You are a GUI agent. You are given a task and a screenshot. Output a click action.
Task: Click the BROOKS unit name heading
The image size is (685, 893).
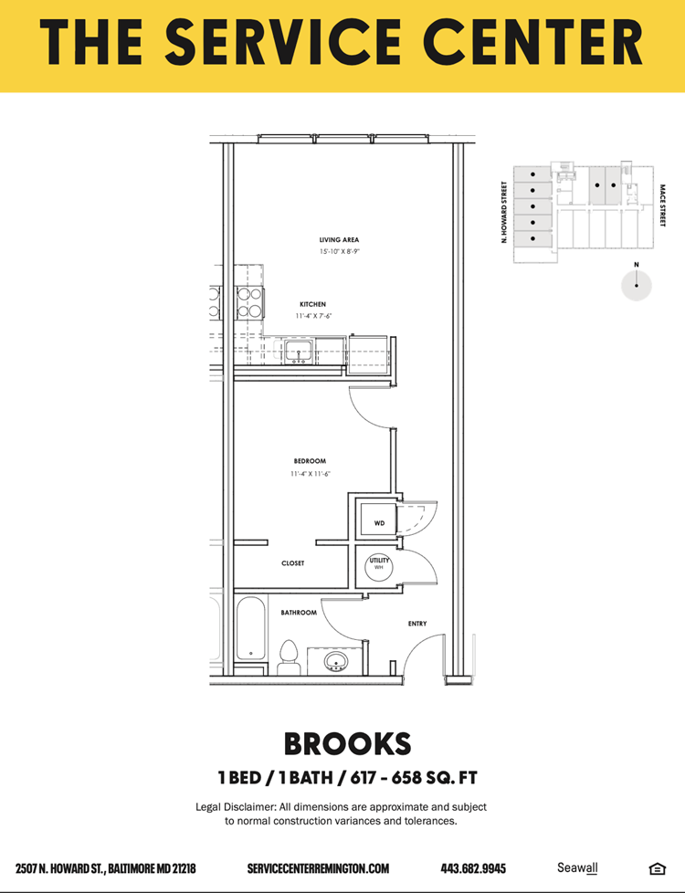347,744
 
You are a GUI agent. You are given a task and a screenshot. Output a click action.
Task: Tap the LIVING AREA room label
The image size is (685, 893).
339,240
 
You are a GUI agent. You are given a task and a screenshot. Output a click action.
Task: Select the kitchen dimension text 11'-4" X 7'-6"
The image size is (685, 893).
313,316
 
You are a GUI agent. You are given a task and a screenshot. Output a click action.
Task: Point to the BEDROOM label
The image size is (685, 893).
310,461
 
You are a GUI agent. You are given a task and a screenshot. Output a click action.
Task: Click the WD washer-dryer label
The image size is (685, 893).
380,523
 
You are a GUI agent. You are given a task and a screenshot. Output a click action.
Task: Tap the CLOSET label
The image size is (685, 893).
293,563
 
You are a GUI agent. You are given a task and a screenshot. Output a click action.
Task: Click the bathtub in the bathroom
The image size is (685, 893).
251,627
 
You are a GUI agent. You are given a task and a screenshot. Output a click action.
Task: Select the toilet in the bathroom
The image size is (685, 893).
289,657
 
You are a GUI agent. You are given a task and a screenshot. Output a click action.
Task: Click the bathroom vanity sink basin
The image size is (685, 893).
336,662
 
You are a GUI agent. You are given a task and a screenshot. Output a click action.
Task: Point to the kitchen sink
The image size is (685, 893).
299,352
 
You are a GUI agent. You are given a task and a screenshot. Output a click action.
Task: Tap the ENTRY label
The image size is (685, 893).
417,624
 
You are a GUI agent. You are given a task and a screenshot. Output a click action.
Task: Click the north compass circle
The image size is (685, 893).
636,285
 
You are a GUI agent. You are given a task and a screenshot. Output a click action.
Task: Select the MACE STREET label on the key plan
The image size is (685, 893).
663,205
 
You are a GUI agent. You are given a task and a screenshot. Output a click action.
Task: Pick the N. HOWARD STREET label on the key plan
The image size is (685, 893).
504,213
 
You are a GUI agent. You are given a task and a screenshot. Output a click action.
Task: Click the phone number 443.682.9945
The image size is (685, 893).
473,868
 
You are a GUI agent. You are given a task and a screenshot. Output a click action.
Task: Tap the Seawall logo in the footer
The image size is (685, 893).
577,868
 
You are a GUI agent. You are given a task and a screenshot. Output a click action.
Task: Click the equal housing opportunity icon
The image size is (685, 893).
657,868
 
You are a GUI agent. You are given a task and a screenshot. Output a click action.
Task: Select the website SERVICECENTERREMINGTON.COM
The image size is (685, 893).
318,868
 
